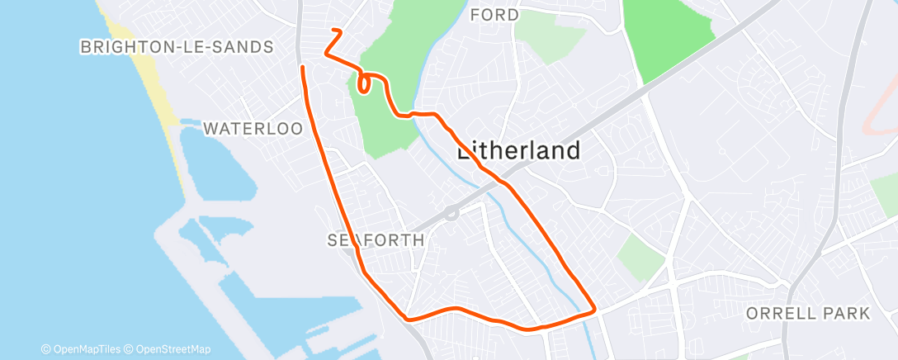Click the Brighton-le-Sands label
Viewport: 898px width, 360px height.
[177, 47]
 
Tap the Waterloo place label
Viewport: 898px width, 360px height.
[253, 129]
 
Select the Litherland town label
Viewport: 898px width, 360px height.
[518, 150]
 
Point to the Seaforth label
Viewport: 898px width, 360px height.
[376, 240]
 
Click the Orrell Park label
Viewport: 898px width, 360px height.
[808, 314]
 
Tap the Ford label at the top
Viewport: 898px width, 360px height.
[494, 15]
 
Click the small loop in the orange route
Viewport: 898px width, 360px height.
[363, 83]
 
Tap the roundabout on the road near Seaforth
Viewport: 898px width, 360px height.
[451, 213]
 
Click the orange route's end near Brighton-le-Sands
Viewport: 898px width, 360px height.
[303, 67]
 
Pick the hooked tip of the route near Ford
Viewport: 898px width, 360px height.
[335, 31]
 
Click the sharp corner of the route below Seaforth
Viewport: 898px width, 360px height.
[406, 318]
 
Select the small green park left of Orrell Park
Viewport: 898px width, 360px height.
[640, 256]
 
